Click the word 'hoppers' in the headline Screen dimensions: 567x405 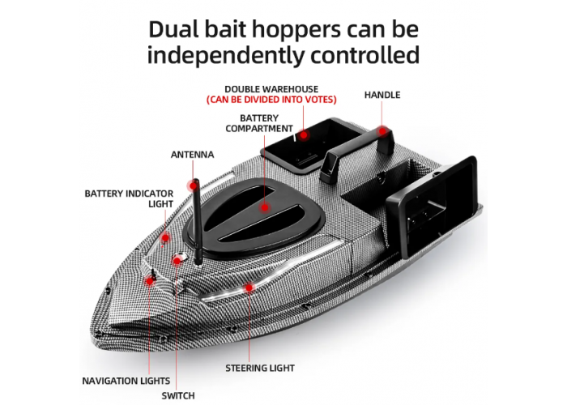296,31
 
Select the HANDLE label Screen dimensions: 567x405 382,95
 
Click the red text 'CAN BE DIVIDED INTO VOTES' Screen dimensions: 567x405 271,100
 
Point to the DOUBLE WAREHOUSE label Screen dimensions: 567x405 271,89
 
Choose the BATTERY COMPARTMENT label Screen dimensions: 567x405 259,123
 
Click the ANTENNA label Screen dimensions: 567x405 193,155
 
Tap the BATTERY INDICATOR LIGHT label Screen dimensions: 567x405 129,199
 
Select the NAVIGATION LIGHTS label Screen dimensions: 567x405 126,381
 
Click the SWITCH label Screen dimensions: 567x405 178,395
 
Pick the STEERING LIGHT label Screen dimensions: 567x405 260,368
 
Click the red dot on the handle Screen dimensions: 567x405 382,131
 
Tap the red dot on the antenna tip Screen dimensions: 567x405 193,186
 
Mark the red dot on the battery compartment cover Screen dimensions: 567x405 265,207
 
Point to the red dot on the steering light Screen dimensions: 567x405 249,288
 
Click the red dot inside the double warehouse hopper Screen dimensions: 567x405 304,135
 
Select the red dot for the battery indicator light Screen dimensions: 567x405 165,238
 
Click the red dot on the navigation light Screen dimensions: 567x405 149,280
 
